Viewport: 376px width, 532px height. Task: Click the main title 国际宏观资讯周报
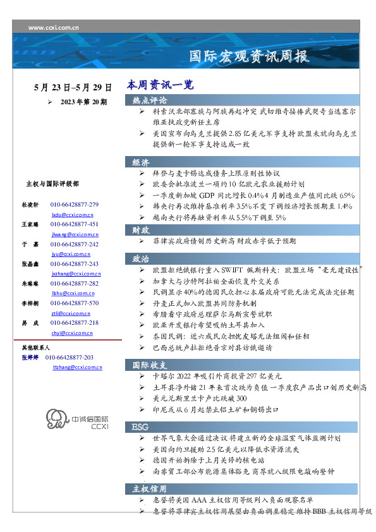[x=250, y=57]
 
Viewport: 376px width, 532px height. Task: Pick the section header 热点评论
[x=150, y=100]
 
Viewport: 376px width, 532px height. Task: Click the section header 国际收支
[x=150, y=365]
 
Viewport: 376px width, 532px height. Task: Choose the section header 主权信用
[x=150, y=488]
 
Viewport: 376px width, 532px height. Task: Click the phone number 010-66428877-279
[x=75, y=205]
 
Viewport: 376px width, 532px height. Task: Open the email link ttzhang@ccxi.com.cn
[x=76, y=367]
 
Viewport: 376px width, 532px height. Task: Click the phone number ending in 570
[x=75, y=303]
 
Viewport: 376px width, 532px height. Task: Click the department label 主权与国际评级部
[x=52, y=184]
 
